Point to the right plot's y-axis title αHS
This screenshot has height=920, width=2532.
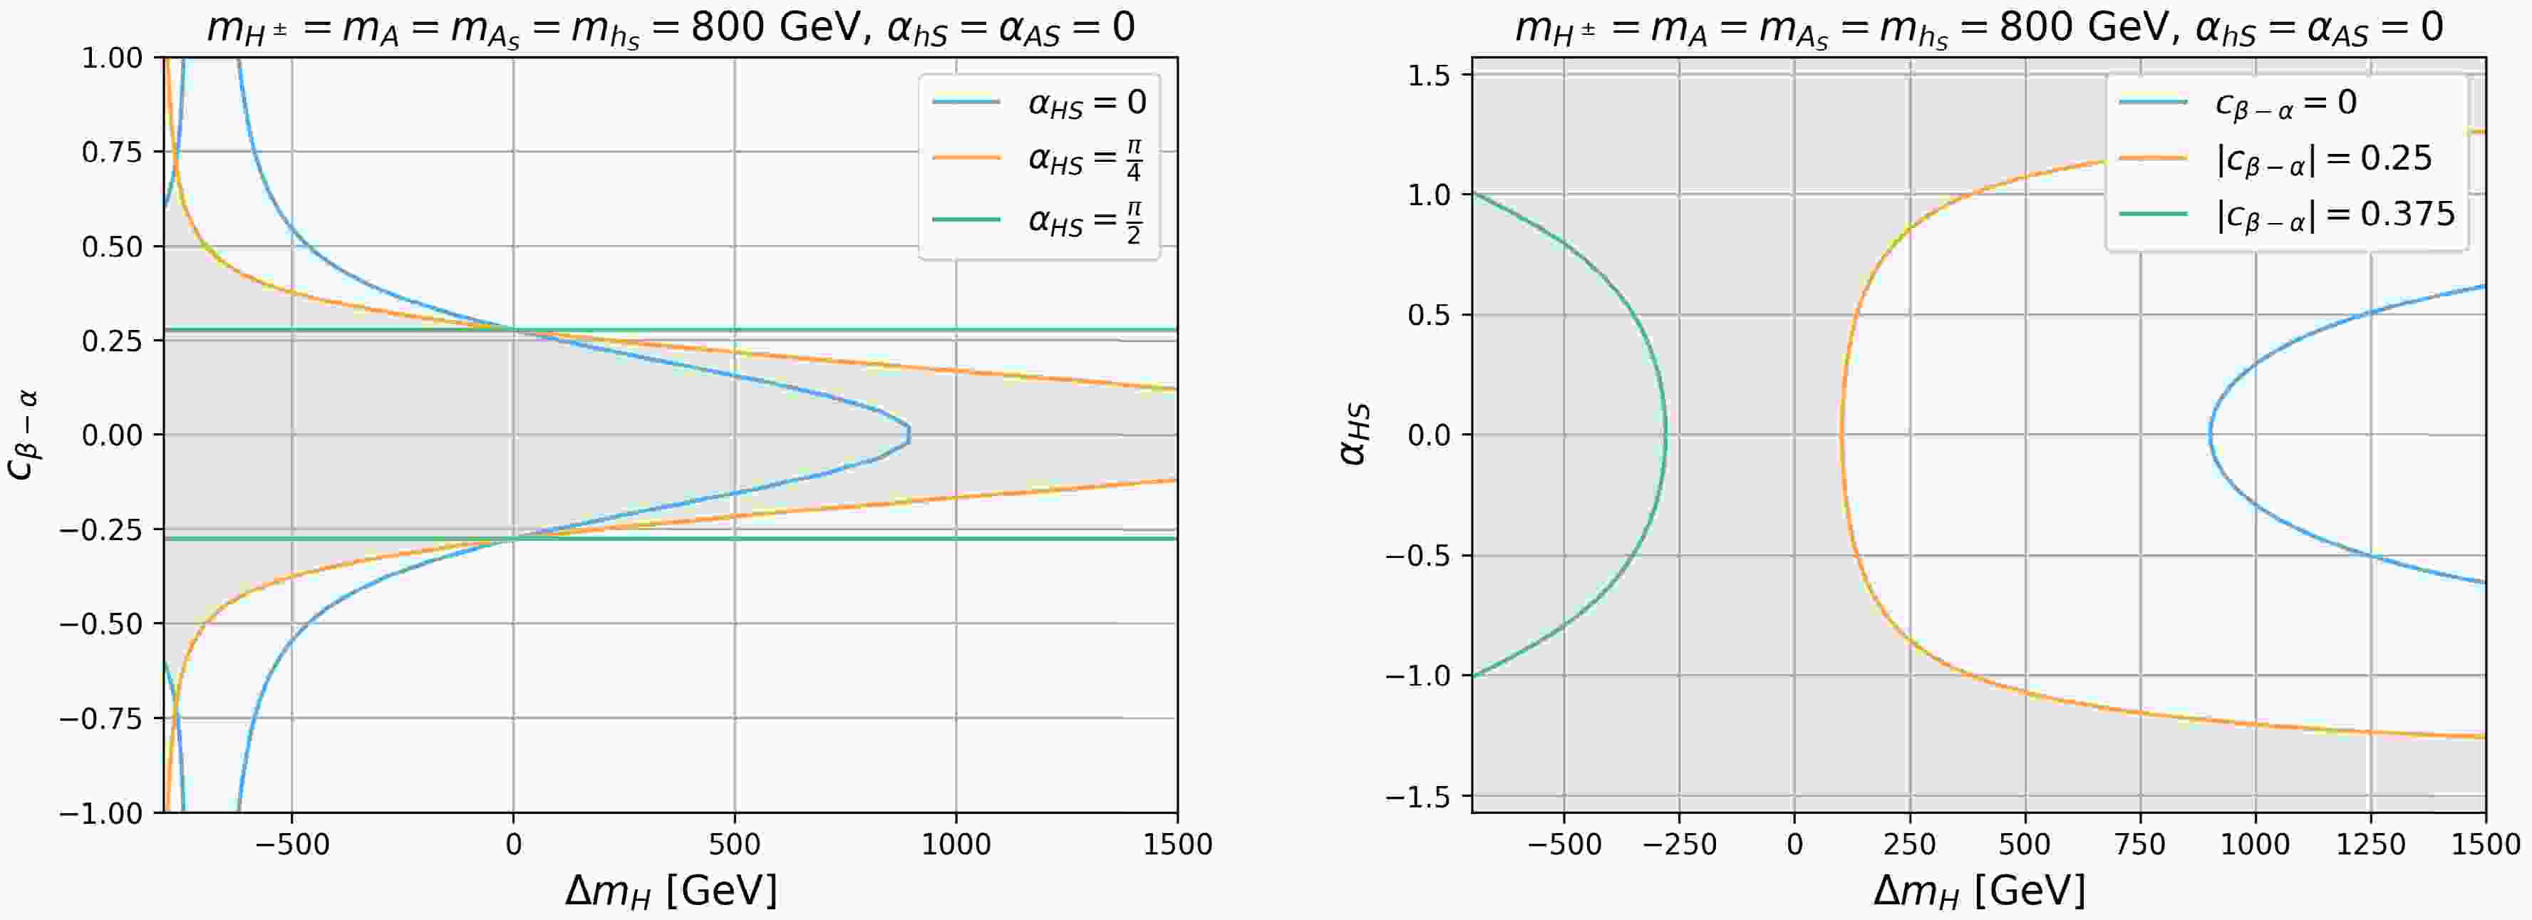coord(1355,435)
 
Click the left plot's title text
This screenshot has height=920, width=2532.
coord(671,26)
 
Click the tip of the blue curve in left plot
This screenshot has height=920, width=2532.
coord(909,435)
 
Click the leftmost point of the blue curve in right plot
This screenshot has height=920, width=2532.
coord(2211,435)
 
